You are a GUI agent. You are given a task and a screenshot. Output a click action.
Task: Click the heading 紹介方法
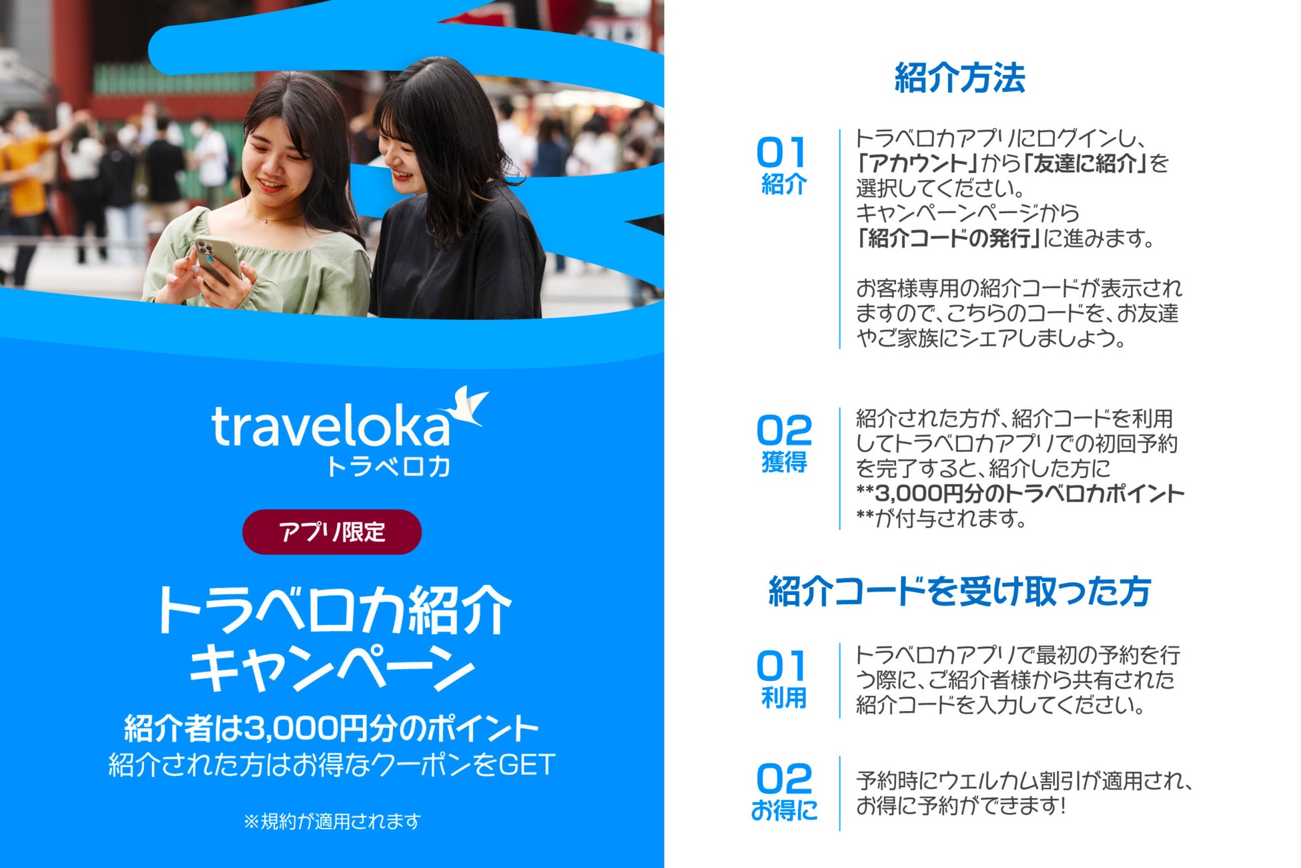pos(959,79)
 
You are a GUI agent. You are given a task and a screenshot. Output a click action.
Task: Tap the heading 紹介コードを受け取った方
pos(959,592)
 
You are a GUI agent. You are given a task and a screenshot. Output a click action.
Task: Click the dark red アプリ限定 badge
pos(332,532)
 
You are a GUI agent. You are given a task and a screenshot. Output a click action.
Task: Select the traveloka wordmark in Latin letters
pos(330,427)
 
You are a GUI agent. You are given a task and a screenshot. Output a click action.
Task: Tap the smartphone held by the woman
pos(218,260)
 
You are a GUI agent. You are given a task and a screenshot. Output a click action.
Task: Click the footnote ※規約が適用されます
pos(332,821)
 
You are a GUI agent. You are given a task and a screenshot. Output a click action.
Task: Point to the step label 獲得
pos(784,462)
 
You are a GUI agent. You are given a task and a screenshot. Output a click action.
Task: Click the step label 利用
pos(784,698)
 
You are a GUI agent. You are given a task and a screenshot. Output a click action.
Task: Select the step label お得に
pos(784,811)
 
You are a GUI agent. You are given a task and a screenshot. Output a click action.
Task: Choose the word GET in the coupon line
pos(526,765)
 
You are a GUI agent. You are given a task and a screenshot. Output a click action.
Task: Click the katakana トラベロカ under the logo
pos(388,466)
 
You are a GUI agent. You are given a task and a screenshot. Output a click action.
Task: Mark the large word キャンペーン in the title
pos(332,668)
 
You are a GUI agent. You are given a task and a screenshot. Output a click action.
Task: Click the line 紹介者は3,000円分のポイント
pos(332,728)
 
